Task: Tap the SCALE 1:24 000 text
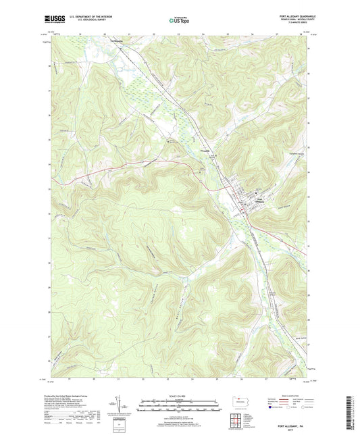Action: coord(180,396)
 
